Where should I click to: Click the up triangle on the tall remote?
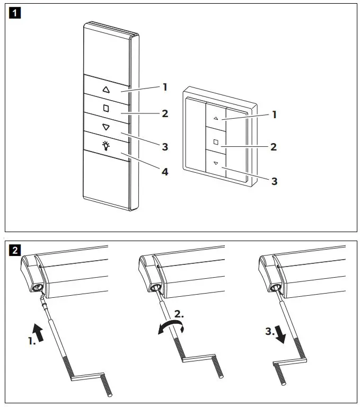106,90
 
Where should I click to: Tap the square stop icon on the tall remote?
106,108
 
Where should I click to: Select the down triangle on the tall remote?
106,127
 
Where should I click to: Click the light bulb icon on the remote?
106,145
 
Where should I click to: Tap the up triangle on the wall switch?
216,120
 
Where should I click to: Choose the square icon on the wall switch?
216,141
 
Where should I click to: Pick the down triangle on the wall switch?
216,163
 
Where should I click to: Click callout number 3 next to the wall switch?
274,181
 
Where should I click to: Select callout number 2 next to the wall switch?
274,147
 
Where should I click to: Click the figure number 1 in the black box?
15,13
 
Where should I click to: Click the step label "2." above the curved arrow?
179,314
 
